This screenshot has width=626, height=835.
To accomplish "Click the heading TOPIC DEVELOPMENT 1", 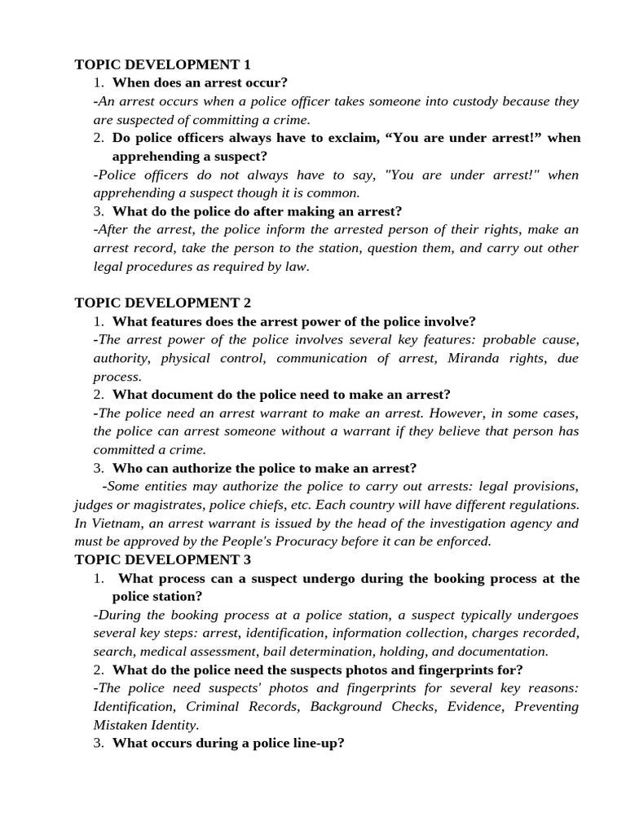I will point(162,64).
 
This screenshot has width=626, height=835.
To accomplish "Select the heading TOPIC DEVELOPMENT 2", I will point(162,303).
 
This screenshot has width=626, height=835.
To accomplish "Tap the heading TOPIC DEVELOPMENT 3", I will point(162,559).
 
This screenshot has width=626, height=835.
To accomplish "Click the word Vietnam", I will point(117,523).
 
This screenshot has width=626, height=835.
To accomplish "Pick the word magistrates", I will point(176,505).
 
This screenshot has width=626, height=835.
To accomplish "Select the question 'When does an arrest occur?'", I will point(200,82).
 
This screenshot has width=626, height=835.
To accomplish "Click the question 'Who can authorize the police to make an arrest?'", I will point(264,468).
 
